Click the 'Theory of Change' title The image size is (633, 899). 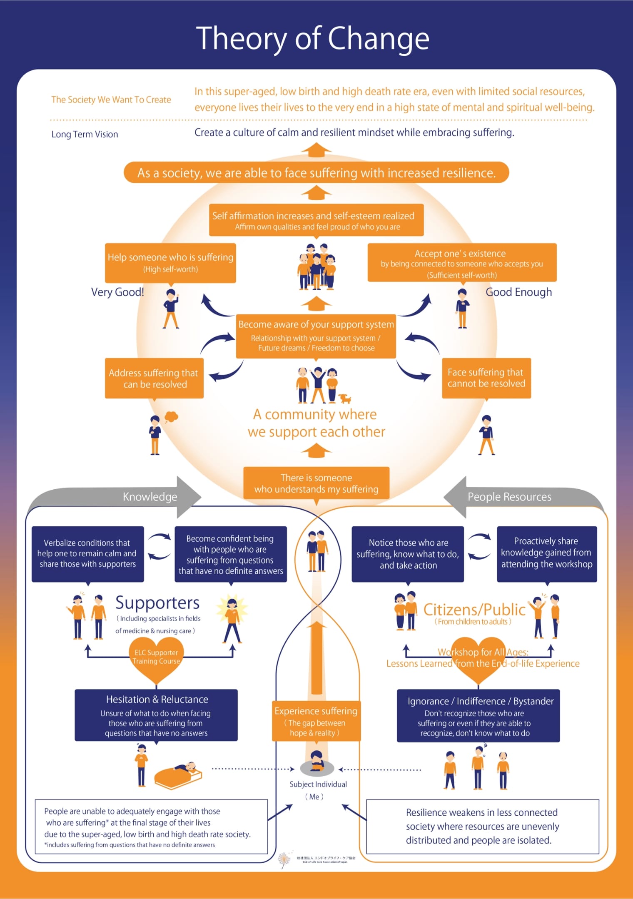point(312,39)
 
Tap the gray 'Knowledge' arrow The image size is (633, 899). point(150,497)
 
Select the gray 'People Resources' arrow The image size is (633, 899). point(509,497)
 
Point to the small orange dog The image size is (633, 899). point(345,398)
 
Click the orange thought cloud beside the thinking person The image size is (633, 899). point(171,416)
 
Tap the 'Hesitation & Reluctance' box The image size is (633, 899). point(156,715)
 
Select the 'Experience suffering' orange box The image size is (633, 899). point(316,721)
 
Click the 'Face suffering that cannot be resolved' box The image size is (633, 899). point(486,378)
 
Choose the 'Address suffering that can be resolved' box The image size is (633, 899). point(154,378)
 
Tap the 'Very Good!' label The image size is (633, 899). point(117,292)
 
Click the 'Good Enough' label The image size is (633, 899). point(518,292)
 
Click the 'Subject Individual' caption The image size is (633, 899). point(318,784)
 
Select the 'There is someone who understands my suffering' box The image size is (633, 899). point(316,483)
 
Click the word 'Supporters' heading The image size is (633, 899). point(157,603)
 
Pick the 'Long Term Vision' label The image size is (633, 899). point(85,134)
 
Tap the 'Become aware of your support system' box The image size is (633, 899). point(316,336)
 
